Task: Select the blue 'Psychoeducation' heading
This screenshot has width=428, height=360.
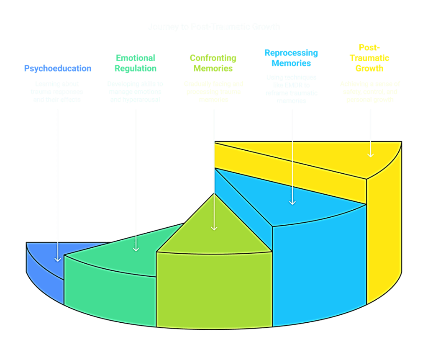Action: [x=57, y=68]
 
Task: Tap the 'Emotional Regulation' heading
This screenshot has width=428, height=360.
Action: [x=136, y=63]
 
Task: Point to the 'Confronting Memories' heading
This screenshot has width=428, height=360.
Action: [x=213, y=63]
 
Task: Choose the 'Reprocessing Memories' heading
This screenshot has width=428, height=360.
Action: [x=291, y=58]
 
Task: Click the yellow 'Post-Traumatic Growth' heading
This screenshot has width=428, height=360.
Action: [x=369, y=58]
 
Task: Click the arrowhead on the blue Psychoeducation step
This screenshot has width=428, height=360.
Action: [x=58, y=259]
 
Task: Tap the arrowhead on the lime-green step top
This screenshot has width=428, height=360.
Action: [x=214, y=227]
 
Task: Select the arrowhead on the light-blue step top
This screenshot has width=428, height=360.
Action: [x=292, y=202]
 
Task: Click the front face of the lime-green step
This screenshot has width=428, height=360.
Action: [x=214, y=289]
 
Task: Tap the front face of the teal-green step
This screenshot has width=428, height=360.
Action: [x=110, y=287]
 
